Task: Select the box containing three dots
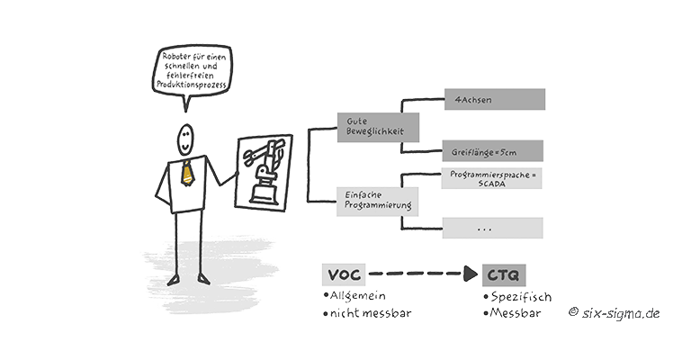[487, 229]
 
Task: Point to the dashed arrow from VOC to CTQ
[423, 274]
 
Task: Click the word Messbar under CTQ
[516, 315]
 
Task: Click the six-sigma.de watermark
[620, 313]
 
